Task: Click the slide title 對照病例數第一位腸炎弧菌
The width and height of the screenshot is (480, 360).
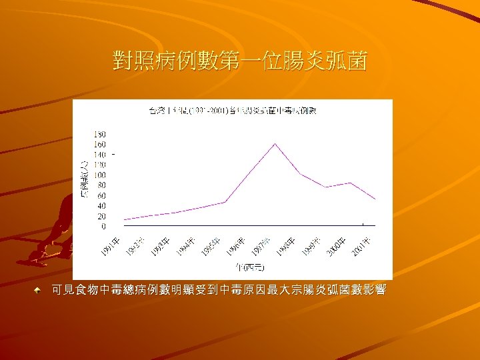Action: [x=240, y=63]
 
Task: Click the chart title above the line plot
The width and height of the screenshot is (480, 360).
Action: [x=232, y=110]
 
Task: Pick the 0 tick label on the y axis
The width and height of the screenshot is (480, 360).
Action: [x=103, y=227]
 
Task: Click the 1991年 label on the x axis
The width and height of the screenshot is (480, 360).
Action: [x=111, y=245]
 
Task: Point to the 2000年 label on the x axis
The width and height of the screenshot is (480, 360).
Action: [x=337, y=245]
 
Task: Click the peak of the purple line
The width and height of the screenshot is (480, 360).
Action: [x=274, y=143]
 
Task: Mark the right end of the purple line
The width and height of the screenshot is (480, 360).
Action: [x=375, y=199]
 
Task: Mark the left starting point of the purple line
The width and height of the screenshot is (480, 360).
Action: [x=123, y=219]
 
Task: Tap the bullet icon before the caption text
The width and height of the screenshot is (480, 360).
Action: [x=41, y=291]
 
